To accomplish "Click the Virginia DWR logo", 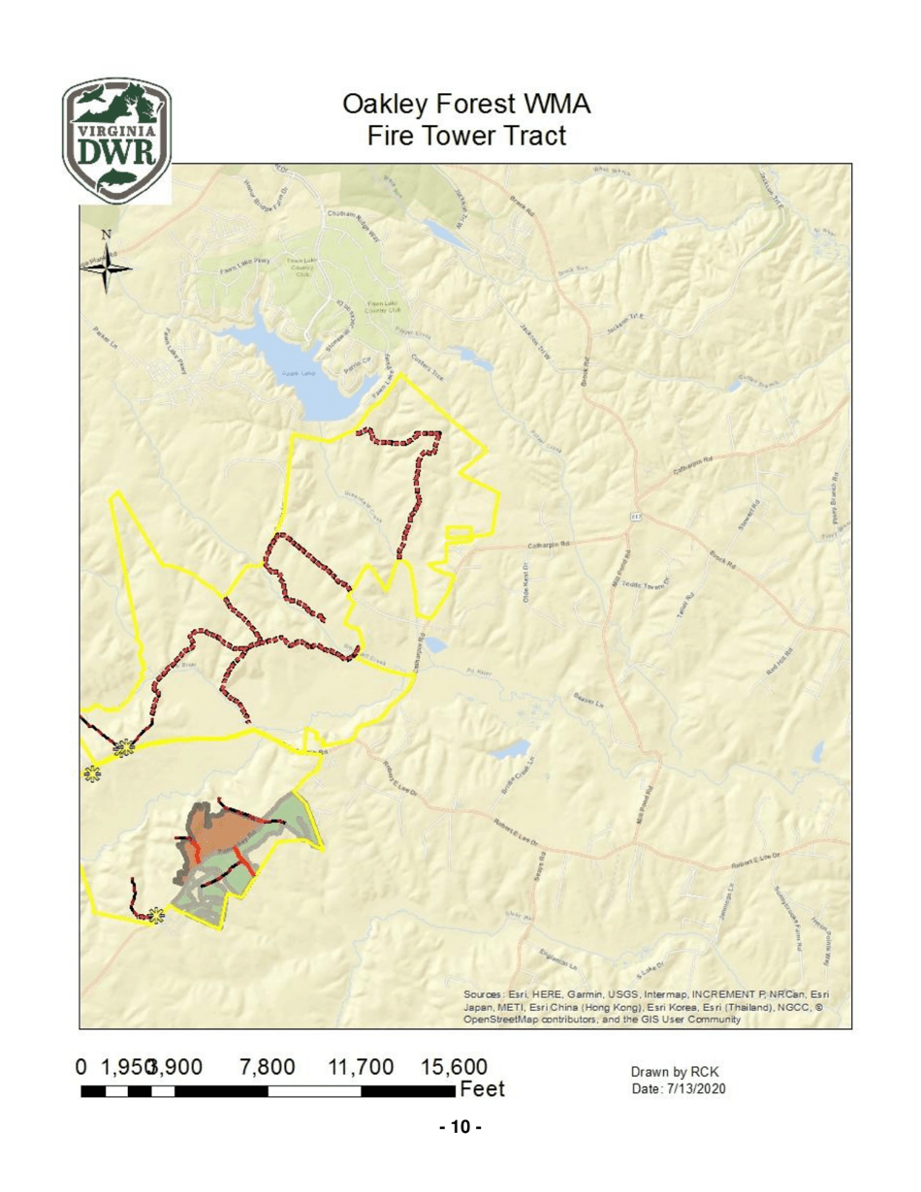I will pyautogui.click(x=116, y=140).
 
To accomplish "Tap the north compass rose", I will pyautogui.click(x=106, y=261).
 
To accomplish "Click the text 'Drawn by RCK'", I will pyautogui.click(x=674, y=1072).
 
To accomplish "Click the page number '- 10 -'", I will pyautogui.click(x=460, y=1127).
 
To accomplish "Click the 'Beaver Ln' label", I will pyautogui.click(x=588, y=699).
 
